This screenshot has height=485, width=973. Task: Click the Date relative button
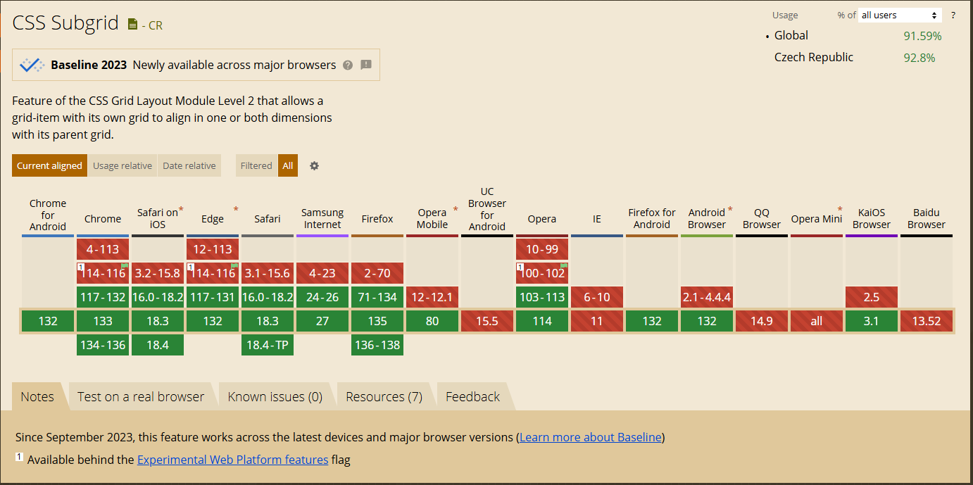189,165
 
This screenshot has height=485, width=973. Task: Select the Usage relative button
123,165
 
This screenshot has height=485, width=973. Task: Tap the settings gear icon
314,165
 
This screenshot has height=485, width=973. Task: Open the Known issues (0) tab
275,396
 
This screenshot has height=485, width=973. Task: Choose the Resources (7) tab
384,396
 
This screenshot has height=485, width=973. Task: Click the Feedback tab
472,396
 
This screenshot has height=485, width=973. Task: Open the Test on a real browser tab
141,396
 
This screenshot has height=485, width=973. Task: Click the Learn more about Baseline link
590,437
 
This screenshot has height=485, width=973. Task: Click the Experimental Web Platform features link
232,460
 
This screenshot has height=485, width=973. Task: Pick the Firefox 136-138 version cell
377,345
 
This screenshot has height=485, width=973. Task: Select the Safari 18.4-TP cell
268,345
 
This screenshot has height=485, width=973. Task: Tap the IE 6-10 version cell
597,297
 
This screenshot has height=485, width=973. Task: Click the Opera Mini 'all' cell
817,321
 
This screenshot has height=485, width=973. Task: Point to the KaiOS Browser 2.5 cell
872,297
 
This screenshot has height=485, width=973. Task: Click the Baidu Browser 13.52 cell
927,321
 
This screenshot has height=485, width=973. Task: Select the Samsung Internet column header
322,218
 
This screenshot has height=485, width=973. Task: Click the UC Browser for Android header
487,209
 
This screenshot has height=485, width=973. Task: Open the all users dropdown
900,15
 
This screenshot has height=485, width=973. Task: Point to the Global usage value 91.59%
922,36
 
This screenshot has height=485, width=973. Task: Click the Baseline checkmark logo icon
32,65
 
